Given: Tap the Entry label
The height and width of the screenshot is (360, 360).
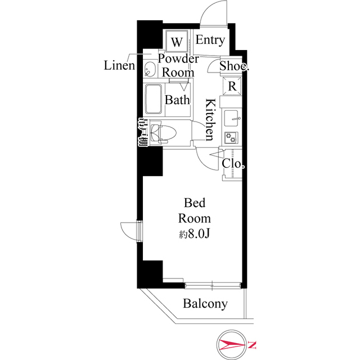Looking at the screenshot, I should (210, 40).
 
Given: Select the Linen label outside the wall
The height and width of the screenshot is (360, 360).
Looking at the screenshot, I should (119, 65).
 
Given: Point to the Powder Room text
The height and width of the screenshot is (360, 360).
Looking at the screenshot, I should (178, 65).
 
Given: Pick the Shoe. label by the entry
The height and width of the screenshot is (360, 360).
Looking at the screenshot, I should (234, 66).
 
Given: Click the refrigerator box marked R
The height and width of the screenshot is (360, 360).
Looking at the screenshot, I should (232, 87).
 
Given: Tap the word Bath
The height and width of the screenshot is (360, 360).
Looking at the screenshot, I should (177, 100).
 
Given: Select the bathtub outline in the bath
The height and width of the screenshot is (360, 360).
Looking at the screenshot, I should (154, 100).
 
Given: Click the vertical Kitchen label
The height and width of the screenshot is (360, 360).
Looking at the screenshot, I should (209, 119).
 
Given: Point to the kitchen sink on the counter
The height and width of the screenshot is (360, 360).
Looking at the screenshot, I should (232, 119).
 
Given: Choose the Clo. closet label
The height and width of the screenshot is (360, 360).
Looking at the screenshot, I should (233, 164).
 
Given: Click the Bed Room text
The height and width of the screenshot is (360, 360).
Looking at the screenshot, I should (195, 210).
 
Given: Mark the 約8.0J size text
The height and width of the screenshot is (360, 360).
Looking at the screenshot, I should (195, 233).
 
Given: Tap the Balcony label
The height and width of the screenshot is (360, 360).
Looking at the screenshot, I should (205, 304).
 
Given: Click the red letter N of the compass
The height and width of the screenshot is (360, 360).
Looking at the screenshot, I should (253, 344).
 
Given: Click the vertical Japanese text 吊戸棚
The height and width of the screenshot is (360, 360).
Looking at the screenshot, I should (142, 133).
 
